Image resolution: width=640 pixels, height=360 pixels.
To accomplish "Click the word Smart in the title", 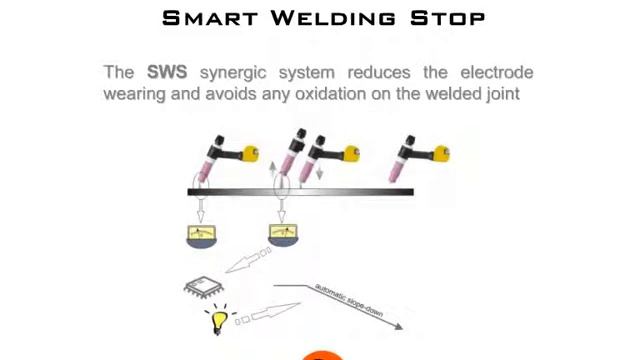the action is tap(210, 18).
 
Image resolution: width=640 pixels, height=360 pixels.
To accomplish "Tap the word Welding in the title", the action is tap(333, 18).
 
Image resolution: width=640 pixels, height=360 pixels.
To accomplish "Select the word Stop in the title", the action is tap(447, 18).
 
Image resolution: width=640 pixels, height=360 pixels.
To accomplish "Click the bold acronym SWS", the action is tap(167, 72).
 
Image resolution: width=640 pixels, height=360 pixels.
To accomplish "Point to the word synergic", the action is tap(233, 74).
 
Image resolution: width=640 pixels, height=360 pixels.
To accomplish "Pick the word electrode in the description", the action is tap(497, 72).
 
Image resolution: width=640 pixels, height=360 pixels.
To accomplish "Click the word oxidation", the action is tap(331, 93).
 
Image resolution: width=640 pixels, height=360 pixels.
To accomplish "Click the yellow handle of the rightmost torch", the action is tap(442, 154).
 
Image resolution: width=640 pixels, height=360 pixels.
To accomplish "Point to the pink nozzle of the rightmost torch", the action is tap(396, 171).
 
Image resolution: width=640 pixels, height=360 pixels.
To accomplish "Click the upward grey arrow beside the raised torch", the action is tap(273, 169).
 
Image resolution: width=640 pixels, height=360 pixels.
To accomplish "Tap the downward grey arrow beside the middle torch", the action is tap(320, 172).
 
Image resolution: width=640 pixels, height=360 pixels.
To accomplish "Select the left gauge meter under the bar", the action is tap(201, 236).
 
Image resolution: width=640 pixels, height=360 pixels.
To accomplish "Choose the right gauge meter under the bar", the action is tap(283, 236).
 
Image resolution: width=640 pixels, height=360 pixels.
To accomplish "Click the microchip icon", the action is tap(204, 287).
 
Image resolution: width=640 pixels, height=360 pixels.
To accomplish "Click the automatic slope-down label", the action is tap(349, 300).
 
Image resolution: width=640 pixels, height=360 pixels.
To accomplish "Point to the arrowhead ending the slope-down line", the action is tap(399, 327).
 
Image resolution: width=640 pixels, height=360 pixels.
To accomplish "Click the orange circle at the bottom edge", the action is tap(322, 356).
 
